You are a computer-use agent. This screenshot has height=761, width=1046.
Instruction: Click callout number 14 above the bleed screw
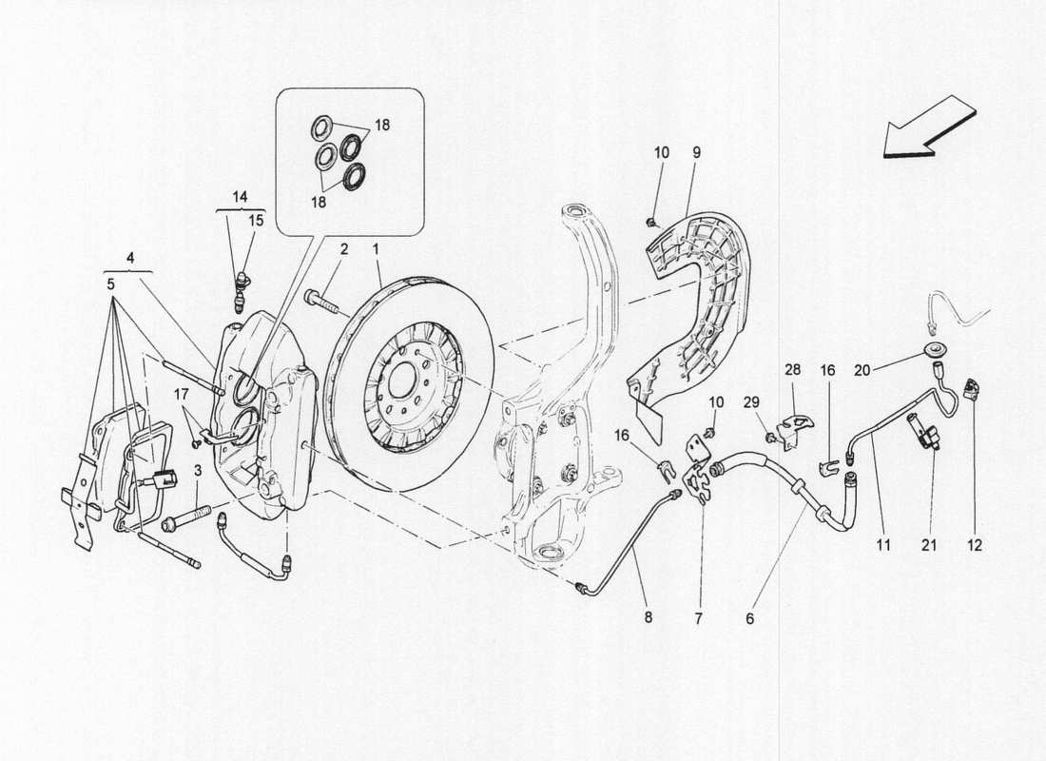pyautogui.click(x=241, y=197)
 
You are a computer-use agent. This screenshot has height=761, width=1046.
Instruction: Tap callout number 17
pyautogui.click(x=181, y=393)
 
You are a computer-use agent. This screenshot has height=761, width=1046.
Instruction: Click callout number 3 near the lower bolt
pyautogui.click(x=199, y=472)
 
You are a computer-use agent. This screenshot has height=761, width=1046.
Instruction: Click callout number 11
pyautogui.click(x=883, y=545)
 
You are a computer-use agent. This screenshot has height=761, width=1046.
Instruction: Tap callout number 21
pyautogui.click(x=930, y=545)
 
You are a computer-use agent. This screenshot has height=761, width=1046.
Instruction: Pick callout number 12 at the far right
pyautogui.click(x=975, y=545)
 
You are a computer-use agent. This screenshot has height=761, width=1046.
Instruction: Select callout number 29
pyautogui.click(x=751, y=402)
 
